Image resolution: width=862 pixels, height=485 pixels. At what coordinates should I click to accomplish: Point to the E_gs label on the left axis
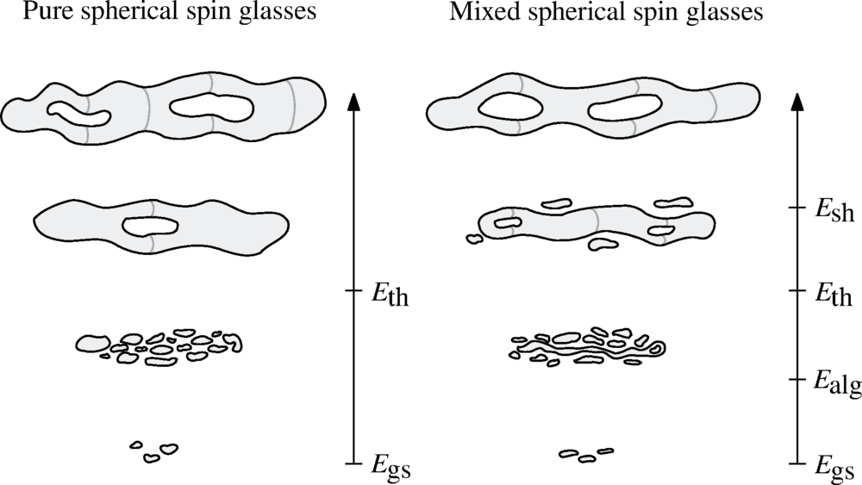click(390, 468)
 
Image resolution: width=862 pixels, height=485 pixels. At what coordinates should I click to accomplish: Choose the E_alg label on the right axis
click(837, 382)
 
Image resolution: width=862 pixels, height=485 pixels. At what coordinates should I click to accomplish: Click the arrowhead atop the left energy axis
click(353, 102)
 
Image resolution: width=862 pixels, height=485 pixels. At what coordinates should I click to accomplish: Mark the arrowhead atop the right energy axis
click(796, 102)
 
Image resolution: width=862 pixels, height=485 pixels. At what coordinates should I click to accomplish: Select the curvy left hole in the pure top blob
click(78, 112)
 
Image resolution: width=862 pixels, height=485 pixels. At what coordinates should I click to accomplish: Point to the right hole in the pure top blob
click(212, 108)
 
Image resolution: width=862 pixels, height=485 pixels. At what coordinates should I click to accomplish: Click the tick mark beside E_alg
click(796, 378)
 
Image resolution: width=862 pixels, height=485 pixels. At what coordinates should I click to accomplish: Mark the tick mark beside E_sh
click(796, 208)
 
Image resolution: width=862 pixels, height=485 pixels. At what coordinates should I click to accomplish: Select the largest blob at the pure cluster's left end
click(89, 344)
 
